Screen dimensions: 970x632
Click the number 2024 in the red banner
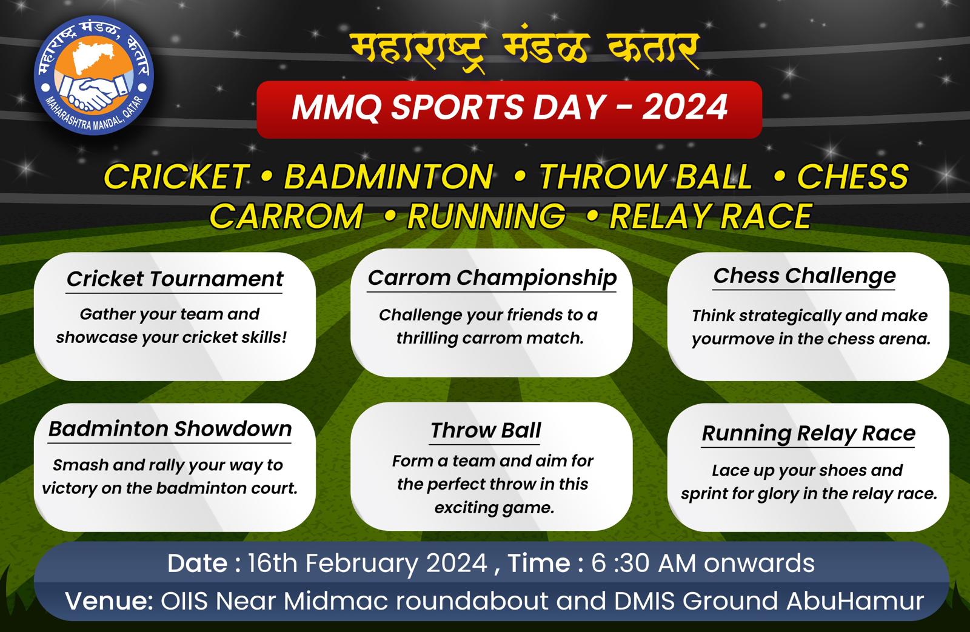click(684, 107)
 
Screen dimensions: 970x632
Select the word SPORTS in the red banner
click(457, 107)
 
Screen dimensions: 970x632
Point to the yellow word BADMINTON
click(389, 176)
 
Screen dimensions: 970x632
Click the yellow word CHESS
click(852, 176)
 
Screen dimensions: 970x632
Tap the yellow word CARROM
click(286, 216)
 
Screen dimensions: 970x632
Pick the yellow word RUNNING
click(486, 216)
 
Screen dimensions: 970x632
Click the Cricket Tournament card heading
click(175, 279)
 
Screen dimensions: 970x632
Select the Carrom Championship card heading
click(492, 278)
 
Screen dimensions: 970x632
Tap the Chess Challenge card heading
click(804, 276)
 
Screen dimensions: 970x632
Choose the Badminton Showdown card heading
click(170, 429)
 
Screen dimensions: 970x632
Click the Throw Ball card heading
click(486, 430)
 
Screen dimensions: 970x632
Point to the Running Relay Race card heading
click(809, 433)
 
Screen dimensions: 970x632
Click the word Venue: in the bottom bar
click(109, 601)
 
